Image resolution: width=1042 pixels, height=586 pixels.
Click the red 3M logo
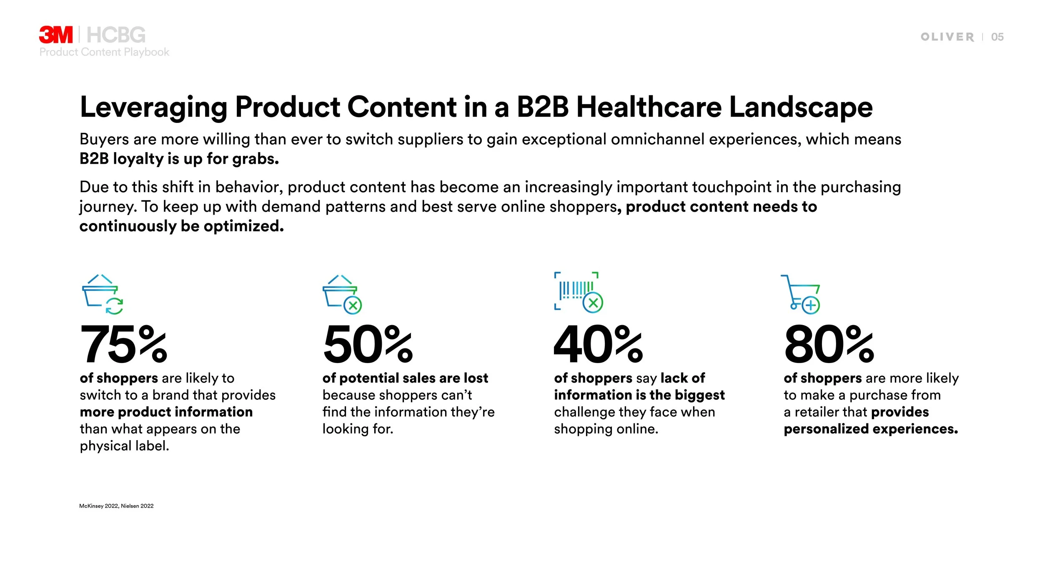tap(56, 35)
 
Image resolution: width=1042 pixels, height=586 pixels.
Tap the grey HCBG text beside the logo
tap(116, 35)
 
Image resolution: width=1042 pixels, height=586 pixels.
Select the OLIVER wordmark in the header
tap(947, 37)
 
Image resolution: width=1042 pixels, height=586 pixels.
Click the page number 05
tap(997, 37)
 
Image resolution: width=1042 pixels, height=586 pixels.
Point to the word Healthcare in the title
tap(649, 107)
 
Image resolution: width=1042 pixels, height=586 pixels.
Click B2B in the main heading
tap(543, 107)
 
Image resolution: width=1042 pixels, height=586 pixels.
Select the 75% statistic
tap(123, 345)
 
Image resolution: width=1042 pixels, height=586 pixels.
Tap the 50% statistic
tap(368, 345)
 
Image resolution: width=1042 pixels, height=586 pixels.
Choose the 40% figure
tap(598, 345)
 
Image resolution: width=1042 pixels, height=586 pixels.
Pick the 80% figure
tap(829, 345)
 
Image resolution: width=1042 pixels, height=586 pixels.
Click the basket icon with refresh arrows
tap(103, 294)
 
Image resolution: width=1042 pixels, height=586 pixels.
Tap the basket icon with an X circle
tap(342, 294)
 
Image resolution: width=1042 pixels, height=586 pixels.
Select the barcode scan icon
tap(579, 292)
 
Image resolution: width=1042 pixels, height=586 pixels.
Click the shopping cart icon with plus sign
tap(800, 294)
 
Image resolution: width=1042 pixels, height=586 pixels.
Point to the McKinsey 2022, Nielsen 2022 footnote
tap(116, 506)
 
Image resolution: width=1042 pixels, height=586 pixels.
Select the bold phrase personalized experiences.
tap(871, 429)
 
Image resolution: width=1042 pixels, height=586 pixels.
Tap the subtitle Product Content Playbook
tap(104, 52)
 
